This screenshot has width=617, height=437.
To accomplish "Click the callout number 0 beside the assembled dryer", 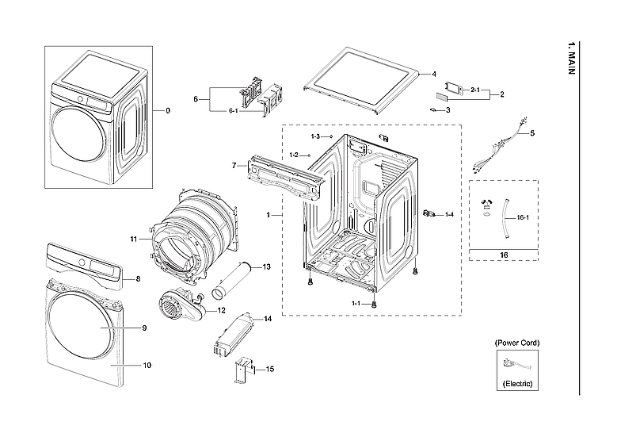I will (167, 111).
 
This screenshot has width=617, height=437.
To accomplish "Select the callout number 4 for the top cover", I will (434, 74).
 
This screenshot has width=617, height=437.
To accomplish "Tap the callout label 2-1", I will (475, 90).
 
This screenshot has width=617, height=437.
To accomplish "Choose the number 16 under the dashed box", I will (504, 255).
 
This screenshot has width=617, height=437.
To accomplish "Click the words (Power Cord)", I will (517, 343).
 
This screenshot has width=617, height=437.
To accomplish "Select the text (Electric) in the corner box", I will (517, 384).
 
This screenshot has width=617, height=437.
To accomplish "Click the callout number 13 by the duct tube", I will (267, 266).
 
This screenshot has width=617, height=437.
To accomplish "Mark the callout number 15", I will (270, 369).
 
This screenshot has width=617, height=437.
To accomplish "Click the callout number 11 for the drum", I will (134, 239).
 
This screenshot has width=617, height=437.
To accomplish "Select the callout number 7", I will (234, 165).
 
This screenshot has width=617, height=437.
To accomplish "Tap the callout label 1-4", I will (449, 214).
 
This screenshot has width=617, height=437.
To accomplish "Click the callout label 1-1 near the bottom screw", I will (356, 304).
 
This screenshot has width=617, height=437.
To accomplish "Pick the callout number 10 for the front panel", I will (147, 365).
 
